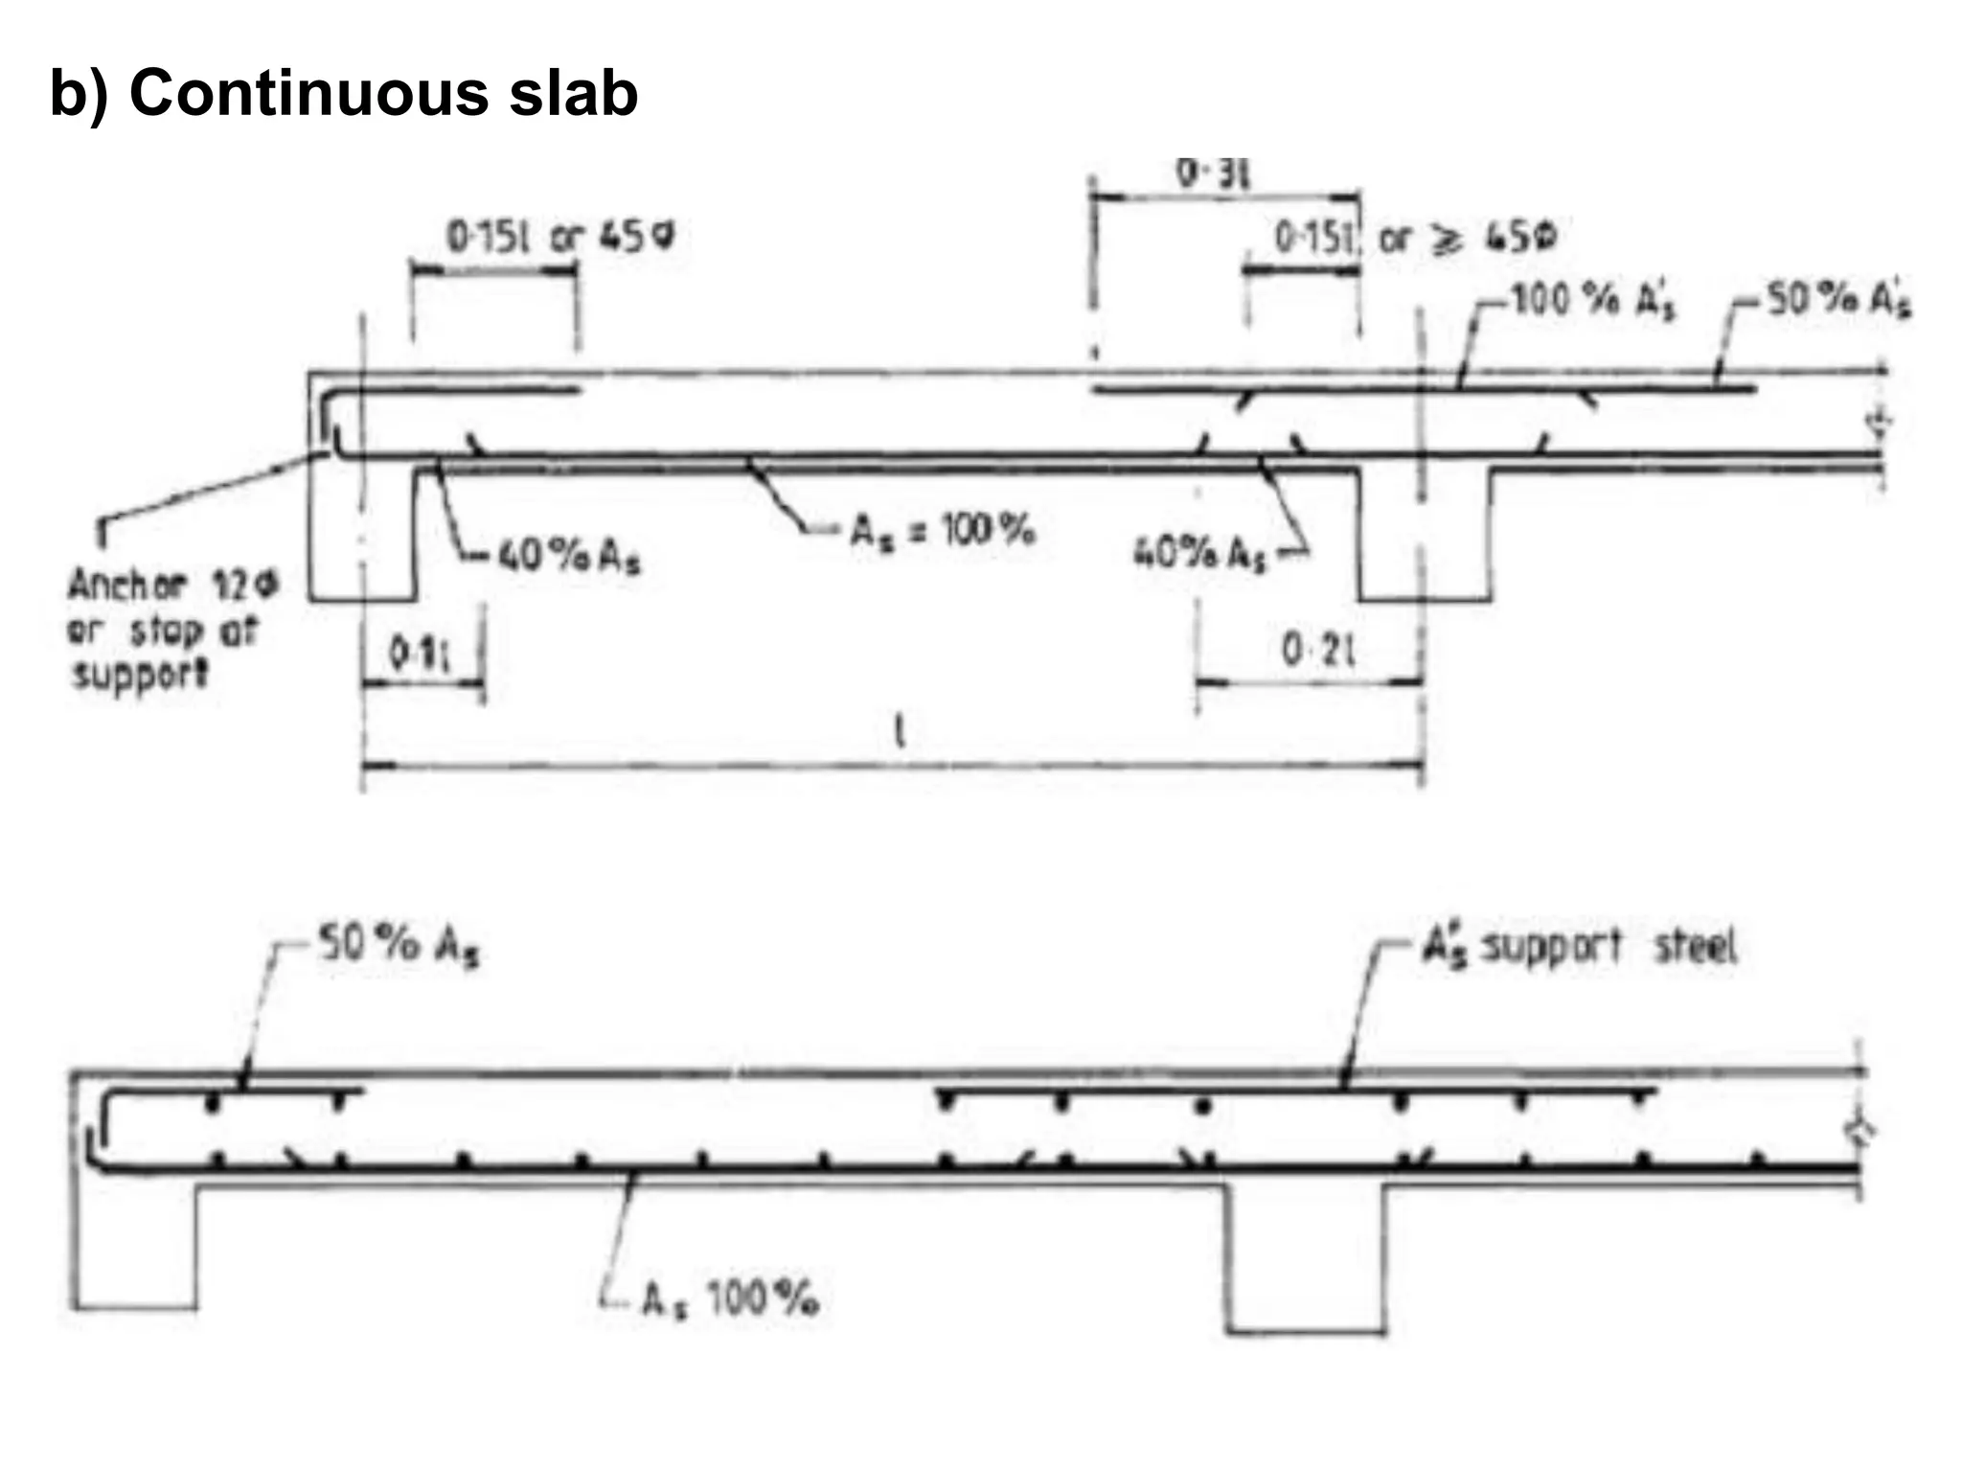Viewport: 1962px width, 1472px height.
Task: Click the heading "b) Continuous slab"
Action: coord(343,94)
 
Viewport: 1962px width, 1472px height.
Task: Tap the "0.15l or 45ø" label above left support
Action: coord(560,236)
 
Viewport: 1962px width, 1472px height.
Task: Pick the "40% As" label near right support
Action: coord(1199,553)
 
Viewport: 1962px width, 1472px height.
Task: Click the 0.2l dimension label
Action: coord(1318,652)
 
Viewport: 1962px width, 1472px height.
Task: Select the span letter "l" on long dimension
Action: coord(899,732)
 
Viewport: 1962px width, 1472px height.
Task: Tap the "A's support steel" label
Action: coord(1578,947)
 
